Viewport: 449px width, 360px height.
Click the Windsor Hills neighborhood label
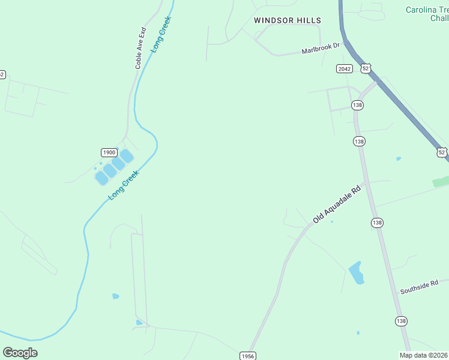288,20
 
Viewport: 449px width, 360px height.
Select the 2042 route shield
344,69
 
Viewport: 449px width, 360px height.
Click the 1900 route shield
109,152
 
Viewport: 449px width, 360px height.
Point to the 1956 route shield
247,356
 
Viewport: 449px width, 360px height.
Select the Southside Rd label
420,286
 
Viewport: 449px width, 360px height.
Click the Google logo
20,353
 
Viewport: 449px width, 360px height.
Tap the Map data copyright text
424,355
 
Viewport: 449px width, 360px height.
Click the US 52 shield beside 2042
366,68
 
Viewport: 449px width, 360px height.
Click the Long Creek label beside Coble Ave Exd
161,34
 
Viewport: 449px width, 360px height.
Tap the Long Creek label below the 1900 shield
123,185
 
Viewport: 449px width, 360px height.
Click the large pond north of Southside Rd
357,272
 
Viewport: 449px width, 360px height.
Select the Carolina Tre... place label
427,14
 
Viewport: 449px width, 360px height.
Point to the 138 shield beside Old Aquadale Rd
378,223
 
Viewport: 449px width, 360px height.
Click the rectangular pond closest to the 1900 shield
118,163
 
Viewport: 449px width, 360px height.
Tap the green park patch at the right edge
441,181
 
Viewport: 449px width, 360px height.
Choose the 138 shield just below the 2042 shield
358,105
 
